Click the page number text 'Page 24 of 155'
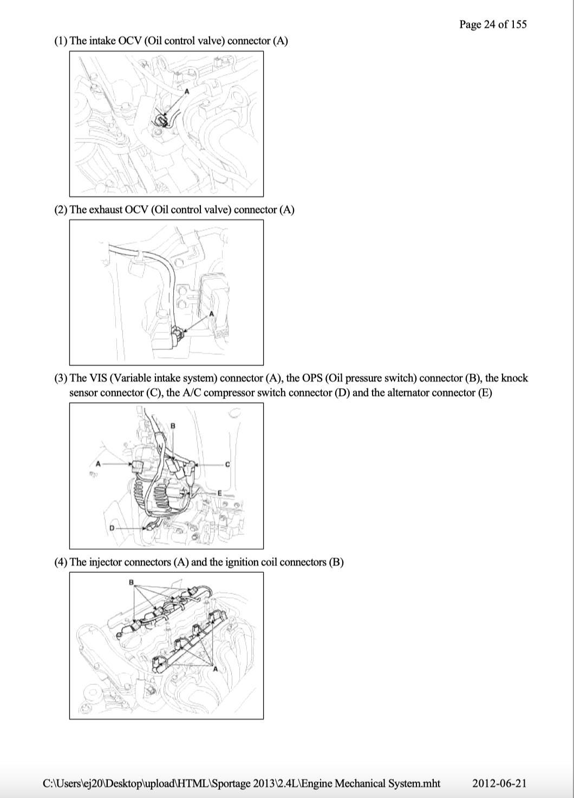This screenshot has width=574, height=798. click(x=492, y=24)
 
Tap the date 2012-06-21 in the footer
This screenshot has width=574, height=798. click(x=499, y=783)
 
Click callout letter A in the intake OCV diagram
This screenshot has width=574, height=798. click(x=186, y=91)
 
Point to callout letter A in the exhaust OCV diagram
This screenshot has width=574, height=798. click(x=212, y=313)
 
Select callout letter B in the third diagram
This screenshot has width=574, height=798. click(x=173, y=426)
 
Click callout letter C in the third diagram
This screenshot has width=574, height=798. click(x=227, y=465)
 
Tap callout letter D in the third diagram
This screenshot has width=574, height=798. click(x=112, y=528)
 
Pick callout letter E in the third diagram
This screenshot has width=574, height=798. click(x=219, y=493)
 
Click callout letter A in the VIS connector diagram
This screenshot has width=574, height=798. click(x=98, y=464)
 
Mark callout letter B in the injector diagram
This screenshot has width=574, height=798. click(x=131, y=583)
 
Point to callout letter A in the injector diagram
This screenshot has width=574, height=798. click(x=215, y=669)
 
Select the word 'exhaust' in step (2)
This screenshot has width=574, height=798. click(x=106, y=210)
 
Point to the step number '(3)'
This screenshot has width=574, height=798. click(x=61, y=378)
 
